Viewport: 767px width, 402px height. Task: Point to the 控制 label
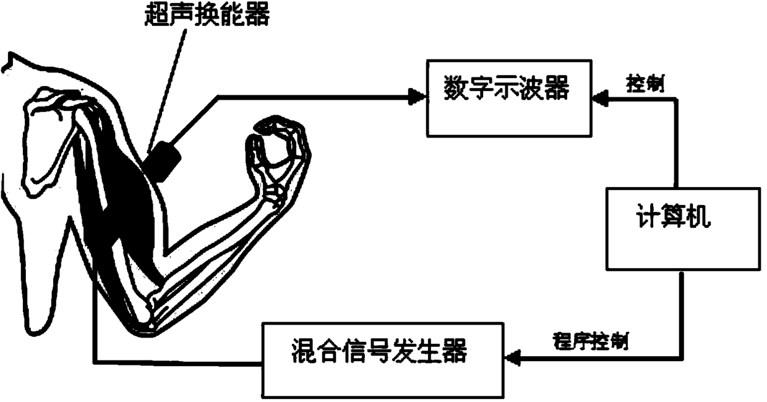tap(646, 85)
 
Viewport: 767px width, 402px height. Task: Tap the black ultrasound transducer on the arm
tap(165, 160)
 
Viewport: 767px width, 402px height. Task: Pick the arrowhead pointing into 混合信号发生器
tap(512, 357)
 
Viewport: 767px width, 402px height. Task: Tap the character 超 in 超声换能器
tap(153, 15)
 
